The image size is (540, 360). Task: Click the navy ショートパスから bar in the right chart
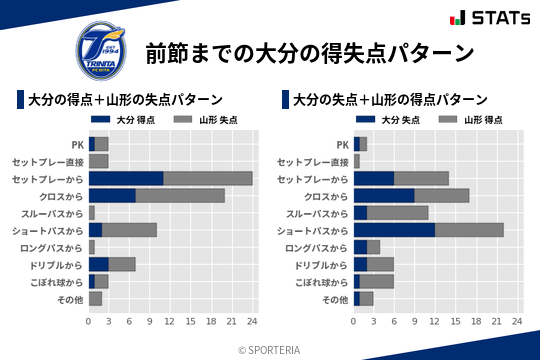click(x=394, y=230)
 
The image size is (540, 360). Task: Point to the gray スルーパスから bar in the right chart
click(x=398, y=213)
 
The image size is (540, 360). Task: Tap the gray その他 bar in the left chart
click(x=96, y=298)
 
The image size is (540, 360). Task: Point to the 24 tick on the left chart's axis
click(x=252, y=322)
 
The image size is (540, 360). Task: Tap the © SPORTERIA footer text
click(x=269, y=350)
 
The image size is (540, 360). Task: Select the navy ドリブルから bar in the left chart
click(x=98, y=264)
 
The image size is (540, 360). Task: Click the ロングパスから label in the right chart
click(x=316, y=247)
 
